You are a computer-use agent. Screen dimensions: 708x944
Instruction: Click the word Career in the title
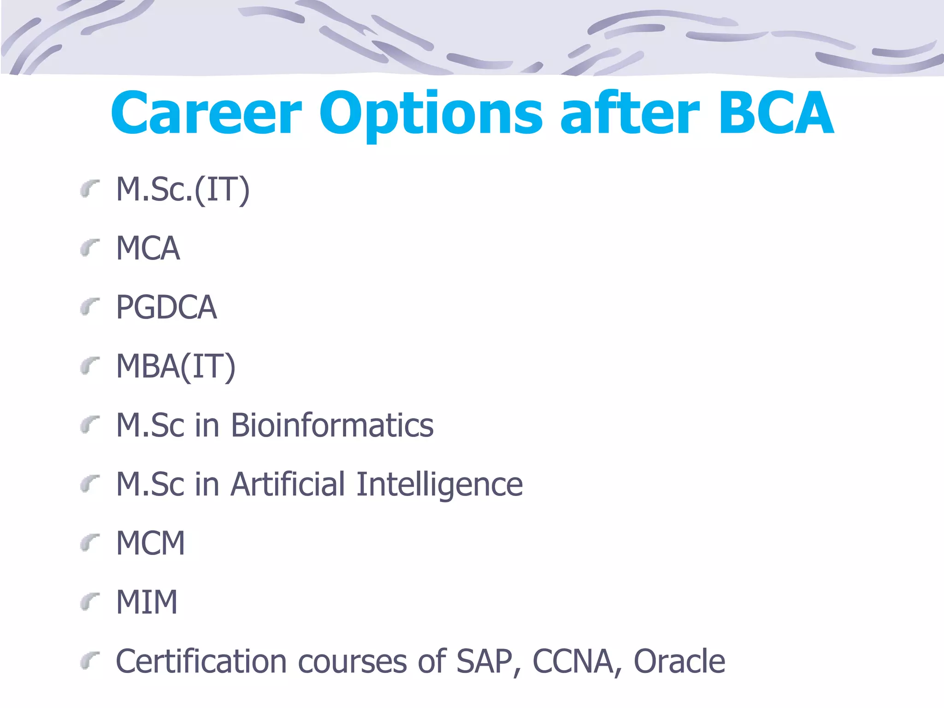pos(206,113)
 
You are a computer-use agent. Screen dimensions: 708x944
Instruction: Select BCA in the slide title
pos(776,113)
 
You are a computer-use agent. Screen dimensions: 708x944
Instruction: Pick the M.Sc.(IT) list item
pos(183,190)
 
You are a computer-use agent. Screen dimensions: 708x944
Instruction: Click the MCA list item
pos(147,248)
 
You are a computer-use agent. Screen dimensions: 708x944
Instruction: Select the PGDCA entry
pos(166,307)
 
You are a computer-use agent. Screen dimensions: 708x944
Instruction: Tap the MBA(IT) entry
pos(176,366)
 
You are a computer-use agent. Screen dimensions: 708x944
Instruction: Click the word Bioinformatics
pos(332,425)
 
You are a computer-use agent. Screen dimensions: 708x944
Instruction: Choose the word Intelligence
pos(440,485)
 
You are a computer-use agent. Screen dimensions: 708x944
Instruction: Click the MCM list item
pos(150,543)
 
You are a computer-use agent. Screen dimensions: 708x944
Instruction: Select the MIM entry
pos(147,602)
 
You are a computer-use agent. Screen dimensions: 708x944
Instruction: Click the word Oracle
pos(679,661)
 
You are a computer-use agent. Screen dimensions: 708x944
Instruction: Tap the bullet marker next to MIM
pos(89,602)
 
